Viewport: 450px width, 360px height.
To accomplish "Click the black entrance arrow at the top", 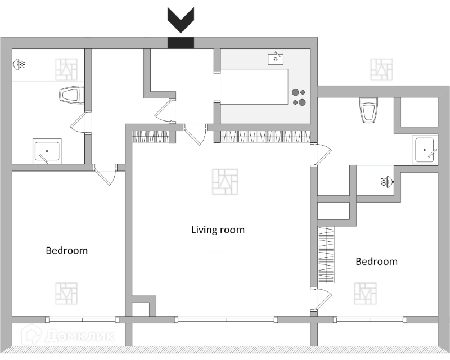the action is coord(181,21).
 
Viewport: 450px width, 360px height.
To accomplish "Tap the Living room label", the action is coord(218,229).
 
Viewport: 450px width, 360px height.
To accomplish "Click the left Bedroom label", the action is coord(66,250).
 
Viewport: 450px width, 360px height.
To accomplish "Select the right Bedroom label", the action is coord(376,262).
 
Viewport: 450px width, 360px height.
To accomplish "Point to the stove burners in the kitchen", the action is coord(299,97).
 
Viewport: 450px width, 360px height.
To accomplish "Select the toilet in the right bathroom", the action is coord(368,110).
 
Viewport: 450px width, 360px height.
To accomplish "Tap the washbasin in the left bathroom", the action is coord(47,151).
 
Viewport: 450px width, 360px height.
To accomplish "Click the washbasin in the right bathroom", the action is coord(426,150).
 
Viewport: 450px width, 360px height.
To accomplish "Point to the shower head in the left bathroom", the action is coord(20,64).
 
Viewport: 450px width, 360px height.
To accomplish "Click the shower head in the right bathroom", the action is coord(387,181).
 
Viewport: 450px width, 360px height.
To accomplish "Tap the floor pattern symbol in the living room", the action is coord(224,182).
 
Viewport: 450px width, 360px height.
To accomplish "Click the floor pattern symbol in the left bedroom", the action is coord(66,294).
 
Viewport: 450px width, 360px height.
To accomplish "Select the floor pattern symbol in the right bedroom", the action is coord(364,294).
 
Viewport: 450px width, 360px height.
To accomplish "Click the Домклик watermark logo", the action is coord(67,336).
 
